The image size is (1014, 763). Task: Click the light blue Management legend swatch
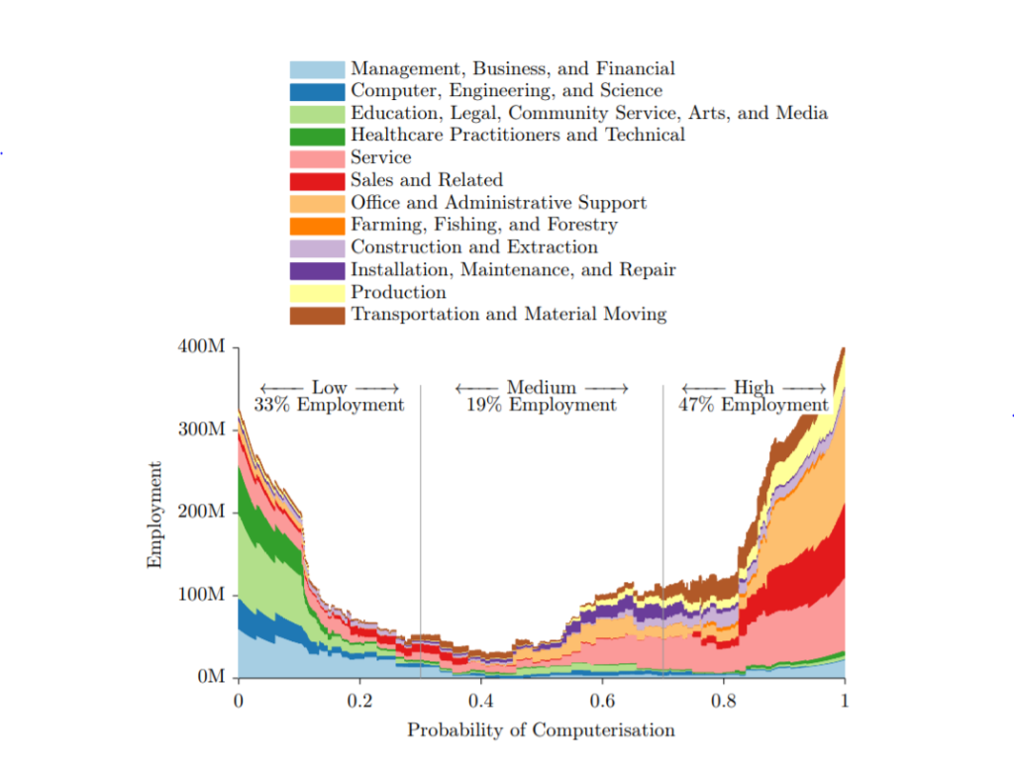pyautogui.click(x=317, y=69)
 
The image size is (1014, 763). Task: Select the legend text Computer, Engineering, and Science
pyautogui.click(x=506, y=91)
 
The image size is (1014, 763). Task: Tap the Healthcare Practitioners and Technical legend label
pyautogui.click(x=517, y=136)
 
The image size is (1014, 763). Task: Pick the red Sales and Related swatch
pyautogui.click(x=317, y=180)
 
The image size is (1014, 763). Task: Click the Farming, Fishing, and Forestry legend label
pyautogui.click(x=483, y=225)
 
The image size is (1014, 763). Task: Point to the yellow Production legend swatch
pyautogui.click(x=317, y=293)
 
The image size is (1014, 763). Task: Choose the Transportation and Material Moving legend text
pyautogui.click(x=508, y=315)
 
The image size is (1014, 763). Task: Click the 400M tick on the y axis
pyautogui.click(x=206, y=347)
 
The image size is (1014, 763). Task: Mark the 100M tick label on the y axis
pyautogui.click(x=206, y=595)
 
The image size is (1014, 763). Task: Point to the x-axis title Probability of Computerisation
pyautogui.click(x=541, y=731)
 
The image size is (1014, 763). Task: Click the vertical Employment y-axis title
pyautogui.click(x=154, y=515)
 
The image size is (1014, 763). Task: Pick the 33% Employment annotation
pyautogui.click(x=329, y=405)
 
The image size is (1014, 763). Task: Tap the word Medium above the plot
pyautogui.click(x=541, y=388)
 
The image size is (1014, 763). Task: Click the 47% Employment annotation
pyautogui.click(x=754, y=405)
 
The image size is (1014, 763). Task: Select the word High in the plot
pyautogui.click(x=754, y=388)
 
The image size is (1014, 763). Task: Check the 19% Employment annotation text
pyautogui.click(x=541, y=405)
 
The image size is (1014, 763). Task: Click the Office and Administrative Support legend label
pyautogui.click(x=498, y=203)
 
